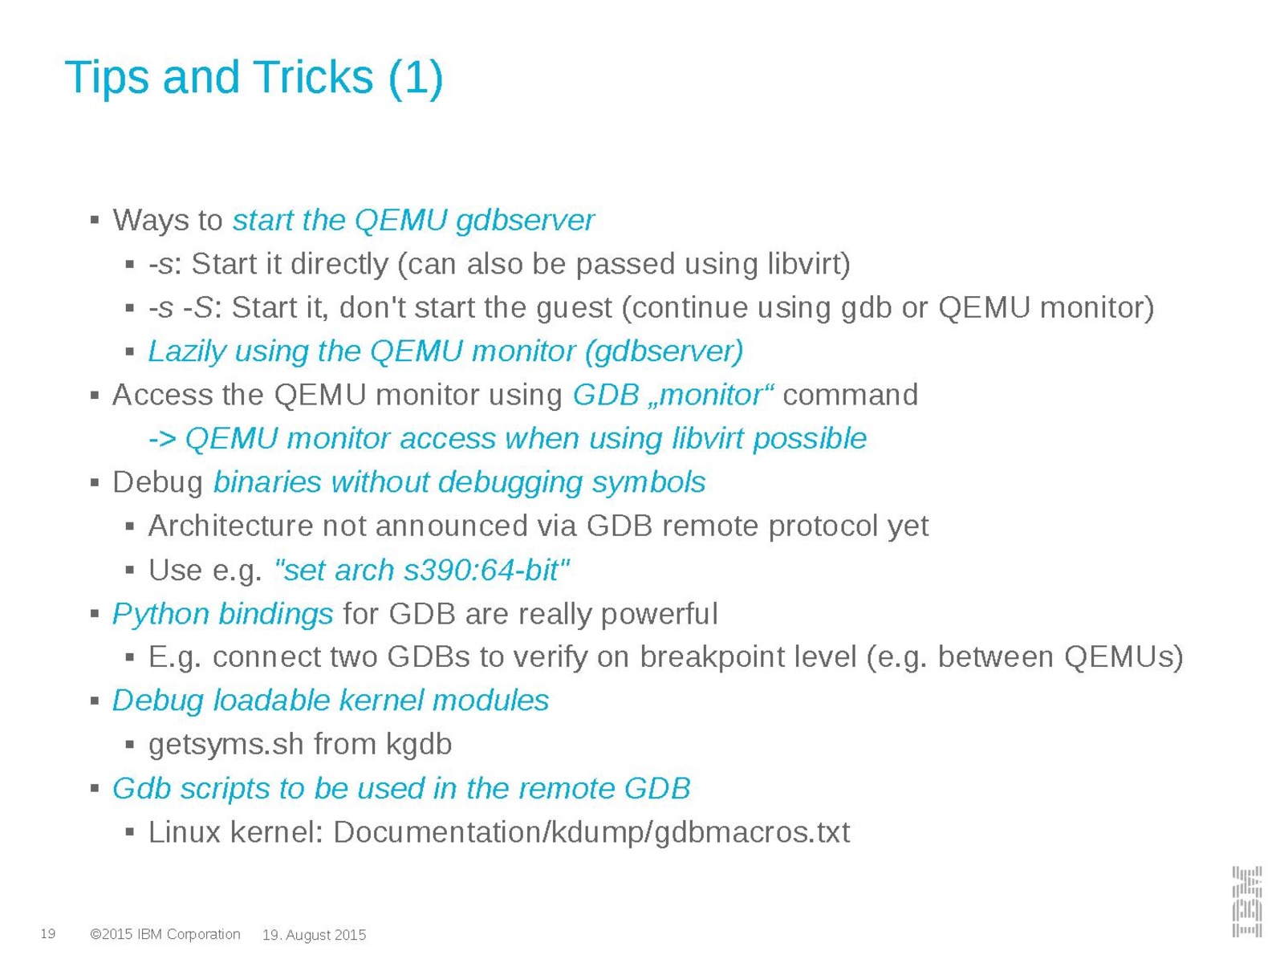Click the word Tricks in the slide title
(314, 77)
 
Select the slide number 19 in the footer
(48, 933)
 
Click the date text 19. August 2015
(314, 935)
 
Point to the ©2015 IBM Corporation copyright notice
(165, 934)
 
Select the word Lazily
(187, 352)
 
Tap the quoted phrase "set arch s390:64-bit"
(422, 570)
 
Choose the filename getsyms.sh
(226, 745)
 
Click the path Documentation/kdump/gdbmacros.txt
(591, 832)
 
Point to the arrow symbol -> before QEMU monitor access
(162, 439)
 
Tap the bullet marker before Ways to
(95, 221)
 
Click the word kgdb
(418, 745)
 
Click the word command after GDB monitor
(850, 395)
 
